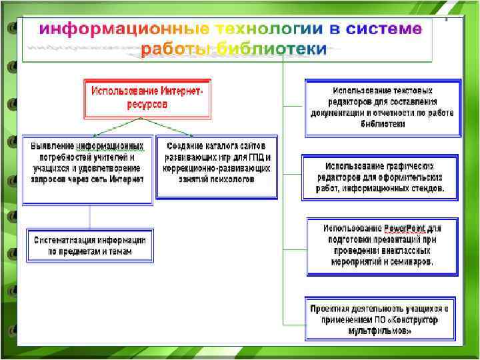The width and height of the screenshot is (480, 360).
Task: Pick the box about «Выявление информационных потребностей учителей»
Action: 87,170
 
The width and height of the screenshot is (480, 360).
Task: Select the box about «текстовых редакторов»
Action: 382,107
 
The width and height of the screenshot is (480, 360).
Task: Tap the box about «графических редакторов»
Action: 381,177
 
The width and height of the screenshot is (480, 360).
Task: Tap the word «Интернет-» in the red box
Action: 180,90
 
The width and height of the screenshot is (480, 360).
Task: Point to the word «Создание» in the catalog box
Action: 183,145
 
